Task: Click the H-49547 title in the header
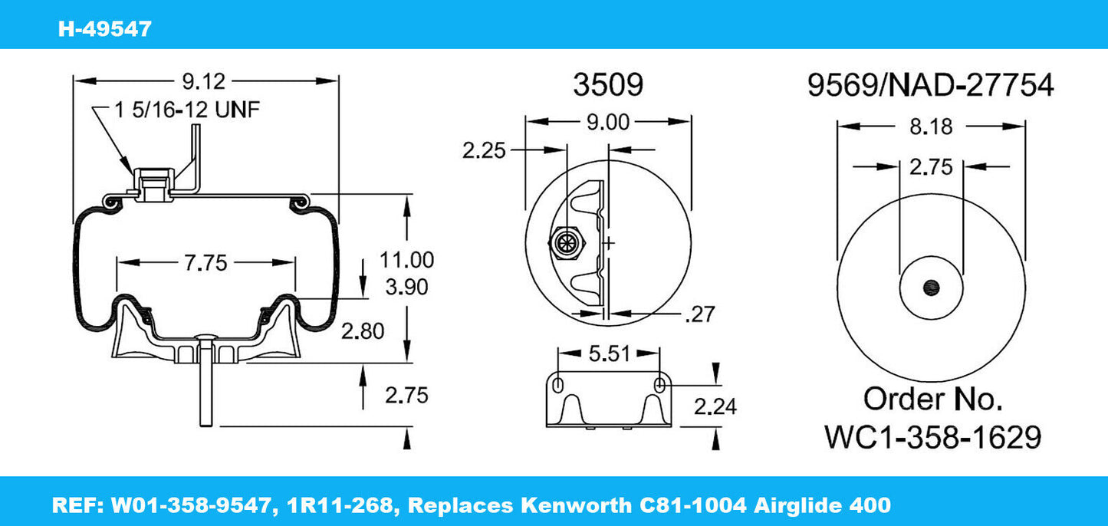tap(105, 29)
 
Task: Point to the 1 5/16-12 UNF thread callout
tap(188, 110)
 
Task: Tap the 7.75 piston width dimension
tap(205, 263)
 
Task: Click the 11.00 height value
tap(406, 260)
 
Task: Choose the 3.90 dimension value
tap(406, 288)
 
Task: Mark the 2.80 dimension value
tap(362, 330)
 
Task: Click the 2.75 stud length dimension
tap(406, 395)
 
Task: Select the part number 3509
tap(608, 86)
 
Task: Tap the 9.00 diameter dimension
tap(607, 122)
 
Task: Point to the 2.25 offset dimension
tap(484, 150)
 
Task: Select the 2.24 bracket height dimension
tap(715, 406)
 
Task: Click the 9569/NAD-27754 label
tap(930, 86)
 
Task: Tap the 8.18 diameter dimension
tap(930, 126)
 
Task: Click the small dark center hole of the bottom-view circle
tap(932, 288)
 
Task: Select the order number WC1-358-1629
tap(932, 437)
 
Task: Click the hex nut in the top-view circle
tap(567, 243)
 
